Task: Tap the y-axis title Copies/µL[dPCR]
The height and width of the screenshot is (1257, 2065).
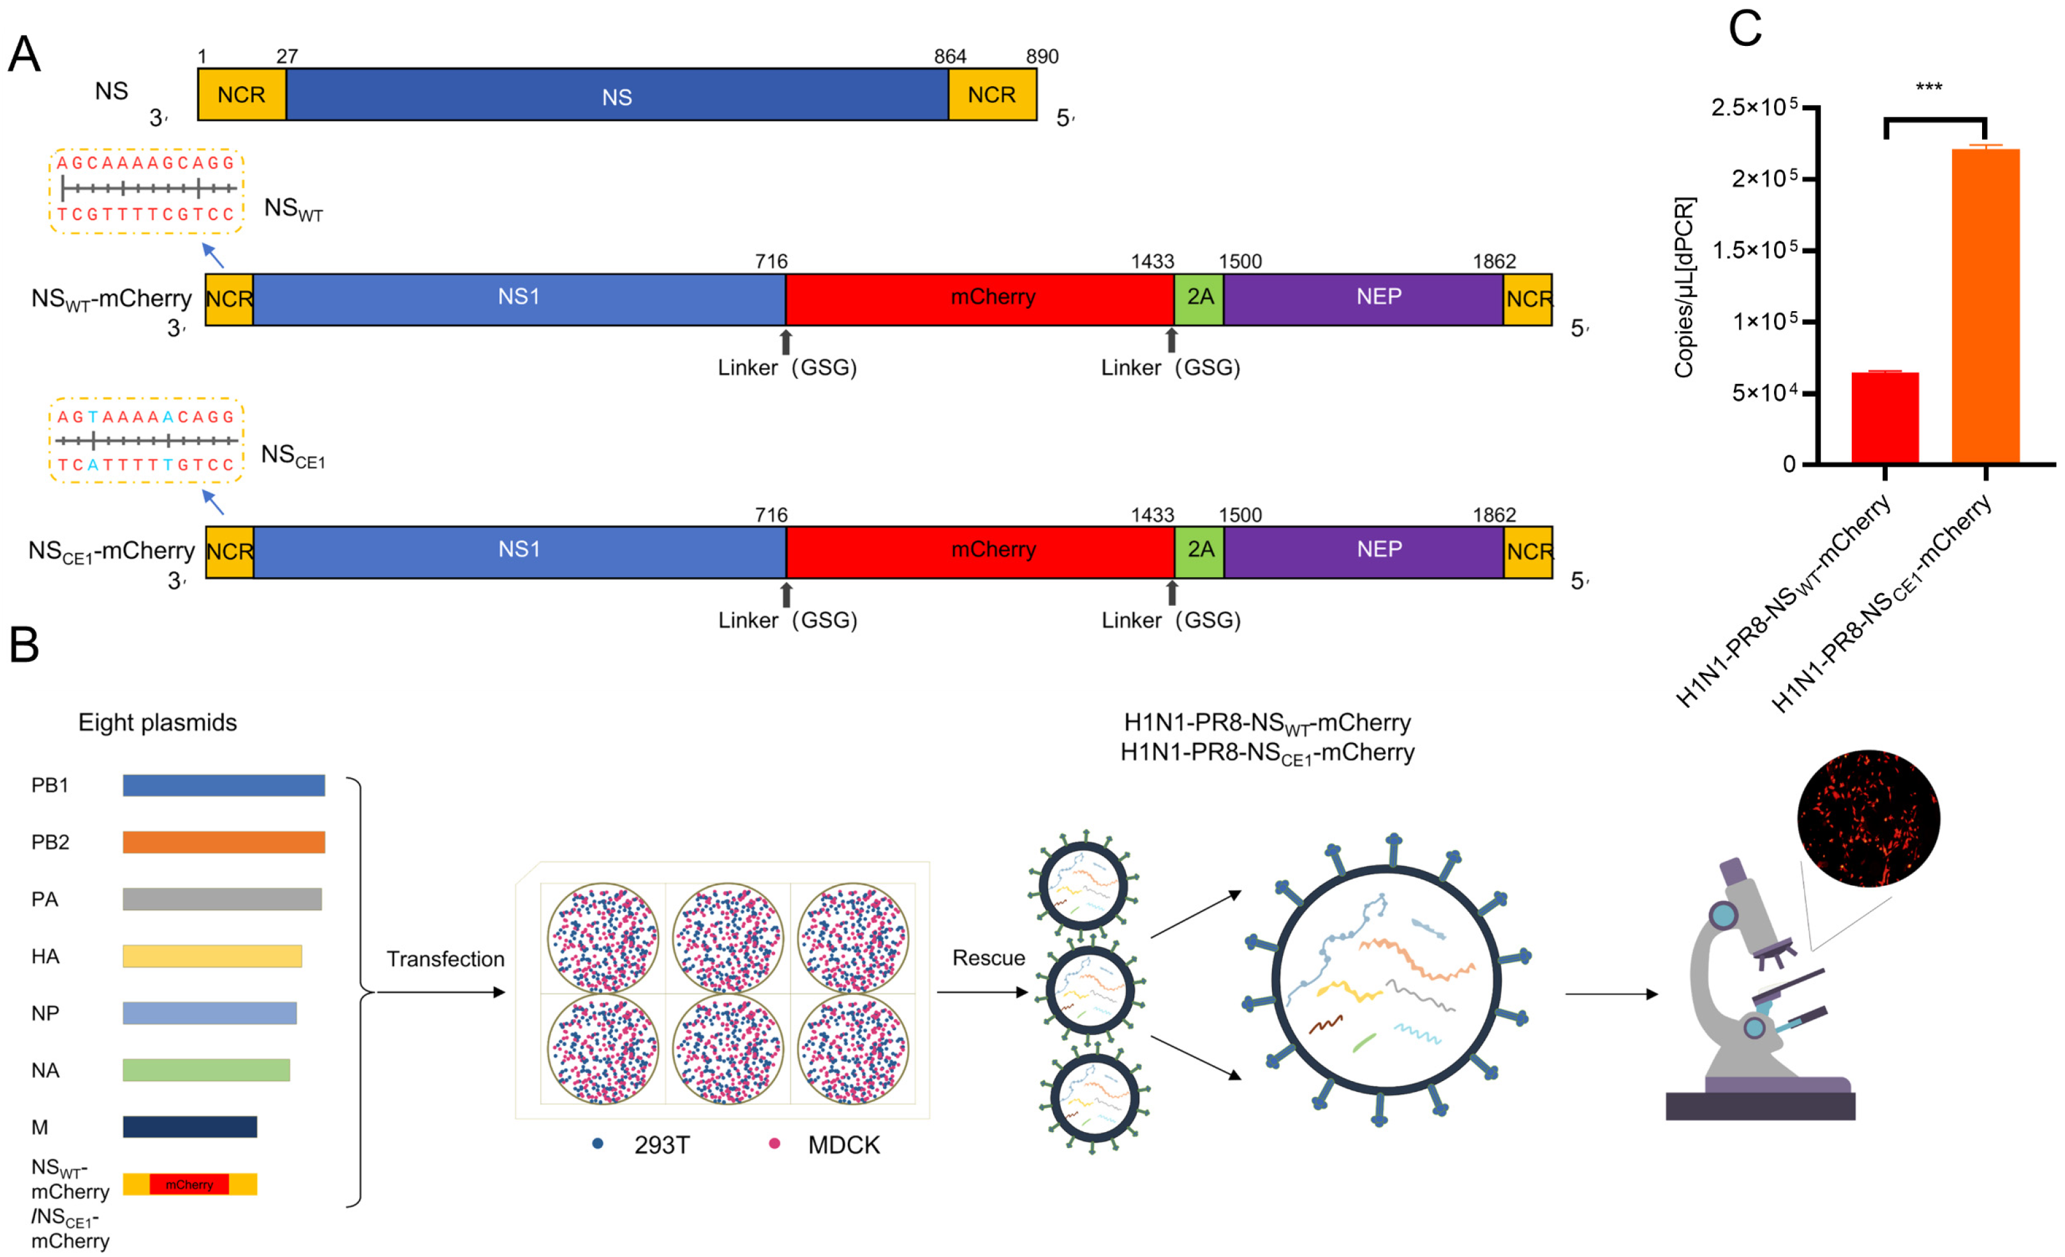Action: pos(1685,288)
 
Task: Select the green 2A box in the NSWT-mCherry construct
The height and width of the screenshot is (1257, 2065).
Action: pos(1199,298)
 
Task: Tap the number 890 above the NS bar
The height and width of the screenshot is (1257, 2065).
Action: pos(1042,56)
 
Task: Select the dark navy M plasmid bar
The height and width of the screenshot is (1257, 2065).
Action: pos(189,1126)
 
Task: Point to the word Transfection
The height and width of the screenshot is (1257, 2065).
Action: pos(445,959)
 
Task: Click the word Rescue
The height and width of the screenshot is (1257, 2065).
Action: pos(988,957)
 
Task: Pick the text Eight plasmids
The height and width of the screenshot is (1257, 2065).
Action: pos(158,723)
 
